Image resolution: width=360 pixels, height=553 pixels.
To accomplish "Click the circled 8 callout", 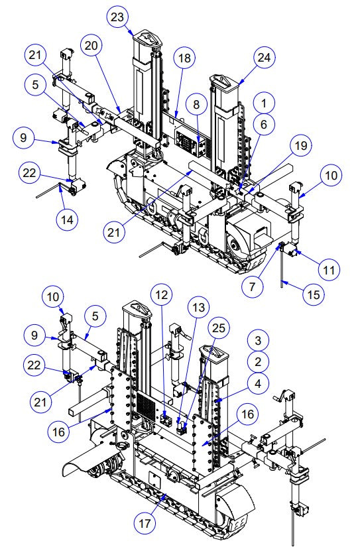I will (x=197, y=104).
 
